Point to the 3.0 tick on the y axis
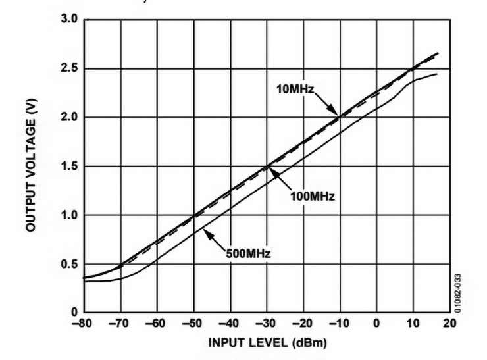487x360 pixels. click(x=70, y=20)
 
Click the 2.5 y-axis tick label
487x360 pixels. click(x=70, y=69)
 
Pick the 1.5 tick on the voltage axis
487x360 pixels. click(x=70, y=167)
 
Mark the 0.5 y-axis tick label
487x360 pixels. click(x=70, y=264)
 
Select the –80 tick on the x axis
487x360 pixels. click(x=84, y=324)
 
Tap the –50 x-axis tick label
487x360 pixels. click(x=193, y=324)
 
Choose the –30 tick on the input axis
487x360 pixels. click(x=267, y=324)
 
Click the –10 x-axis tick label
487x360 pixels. click(x=340, y=324)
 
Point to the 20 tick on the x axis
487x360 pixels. click(x=450, y=324)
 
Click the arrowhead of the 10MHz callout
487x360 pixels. click(x=340, y=116)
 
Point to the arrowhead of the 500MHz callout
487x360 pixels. click(x=203, y=227)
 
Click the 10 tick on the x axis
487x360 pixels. click(x=413, y=324)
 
